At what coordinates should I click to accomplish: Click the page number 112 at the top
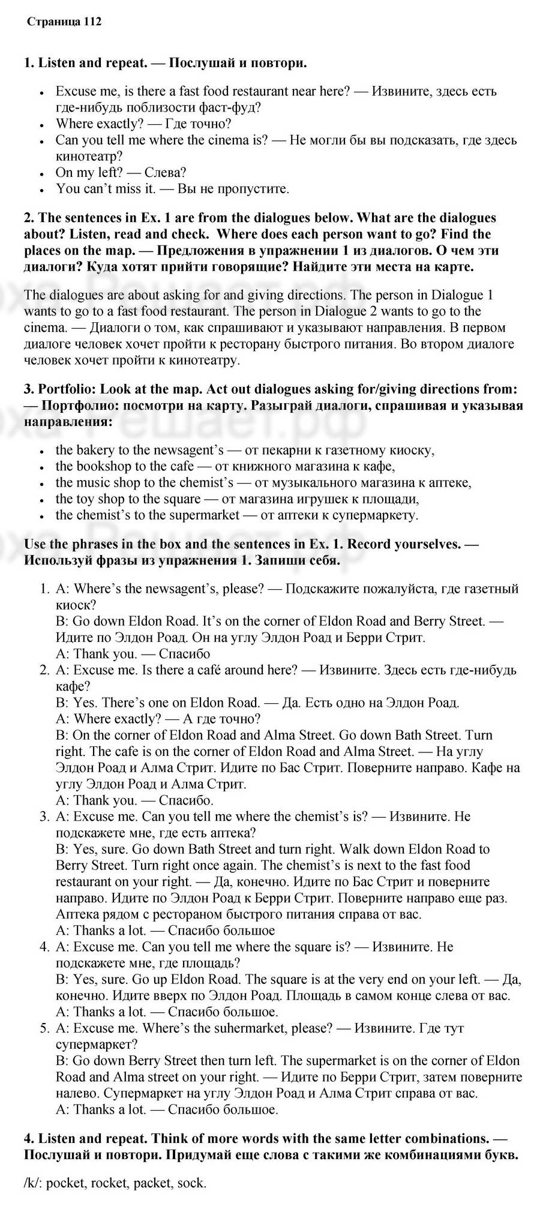point(92,22)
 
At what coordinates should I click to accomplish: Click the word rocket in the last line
point(109,1183)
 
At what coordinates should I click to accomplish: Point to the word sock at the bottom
point(192,1183)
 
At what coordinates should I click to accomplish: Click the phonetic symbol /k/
point(31,1183)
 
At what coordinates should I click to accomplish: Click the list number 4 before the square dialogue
point(44,947)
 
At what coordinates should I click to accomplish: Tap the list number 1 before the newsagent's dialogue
point(44,589)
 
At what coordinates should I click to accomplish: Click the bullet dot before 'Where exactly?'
point(42,125)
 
